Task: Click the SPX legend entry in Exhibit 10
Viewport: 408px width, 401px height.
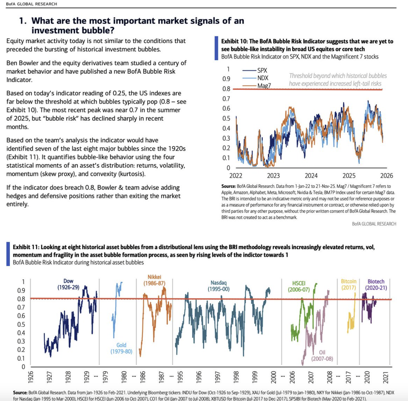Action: coord(262,70)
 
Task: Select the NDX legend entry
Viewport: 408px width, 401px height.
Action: coord(262,78)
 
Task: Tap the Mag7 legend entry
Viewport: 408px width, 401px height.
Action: coord(264,86)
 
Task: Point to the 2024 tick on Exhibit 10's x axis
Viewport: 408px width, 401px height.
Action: coord(311,176)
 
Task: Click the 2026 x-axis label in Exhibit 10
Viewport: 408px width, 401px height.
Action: coord(386,176)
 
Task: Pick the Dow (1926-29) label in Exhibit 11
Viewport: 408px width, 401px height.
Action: coord(68,284)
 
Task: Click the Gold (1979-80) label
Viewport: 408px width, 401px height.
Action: coord(121,348)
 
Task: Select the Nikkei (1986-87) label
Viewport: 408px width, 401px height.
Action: coord(154,280)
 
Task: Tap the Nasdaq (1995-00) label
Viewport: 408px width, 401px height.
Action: coord(218,286)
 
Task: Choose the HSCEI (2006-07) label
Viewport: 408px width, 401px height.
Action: coord(299,286)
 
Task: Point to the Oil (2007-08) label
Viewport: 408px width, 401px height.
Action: coord(322,356)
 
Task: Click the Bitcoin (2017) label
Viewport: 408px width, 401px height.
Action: coord(348,284)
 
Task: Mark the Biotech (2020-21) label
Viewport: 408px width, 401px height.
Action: coord(376,284)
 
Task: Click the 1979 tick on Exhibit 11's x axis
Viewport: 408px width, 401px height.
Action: coord(105,377)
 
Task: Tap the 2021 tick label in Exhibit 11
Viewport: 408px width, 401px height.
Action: coord(386,377)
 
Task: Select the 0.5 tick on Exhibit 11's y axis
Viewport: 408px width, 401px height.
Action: coord(21,324)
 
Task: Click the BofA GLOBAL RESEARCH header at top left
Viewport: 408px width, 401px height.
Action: coord(32,4)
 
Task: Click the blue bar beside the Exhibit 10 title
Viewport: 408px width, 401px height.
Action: coord(216,48)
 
